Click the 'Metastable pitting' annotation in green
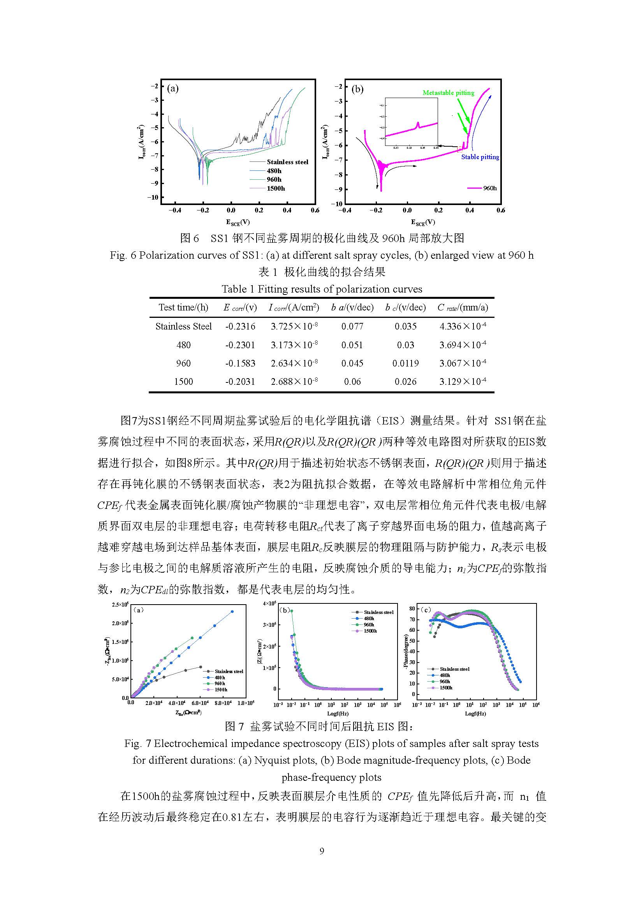[x=448, y=93]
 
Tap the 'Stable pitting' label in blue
[x=480, y=157]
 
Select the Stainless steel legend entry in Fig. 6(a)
[x=287, y=162]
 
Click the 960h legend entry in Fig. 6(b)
[x=489, y=188]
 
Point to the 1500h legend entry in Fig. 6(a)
[x=276, y=188]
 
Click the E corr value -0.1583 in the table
[x=240, y=363]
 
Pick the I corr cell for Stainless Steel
[x=294, y=326]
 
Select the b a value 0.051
[x=352, y=345]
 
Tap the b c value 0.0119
[x=405, y=363]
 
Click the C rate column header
[x=463, y=307]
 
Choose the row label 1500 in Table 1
[x=183, y=381]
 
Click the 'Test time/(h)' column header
[x=183, y=307]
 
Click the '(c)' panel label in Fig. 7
[x=426, y=610]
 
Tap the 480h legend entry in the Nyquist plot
[x=220, y=677]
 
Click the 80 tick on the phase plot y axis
[x=412, y=609]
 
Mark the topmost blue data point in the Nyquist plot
[x=232, y=612]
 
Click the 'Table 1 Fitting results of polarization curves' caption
[x=322, y=289]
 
